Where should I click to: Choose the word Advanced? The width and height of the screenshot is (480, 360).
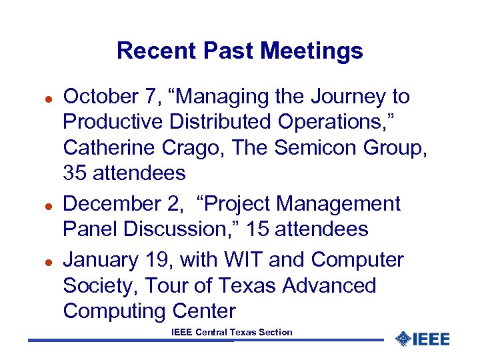(329, 285)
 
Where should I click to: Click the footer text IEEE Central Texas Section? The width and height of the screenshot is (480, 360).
(231, 332)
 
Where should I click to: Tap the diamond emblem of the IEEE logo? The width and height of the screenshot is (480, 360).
(403, 339)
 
